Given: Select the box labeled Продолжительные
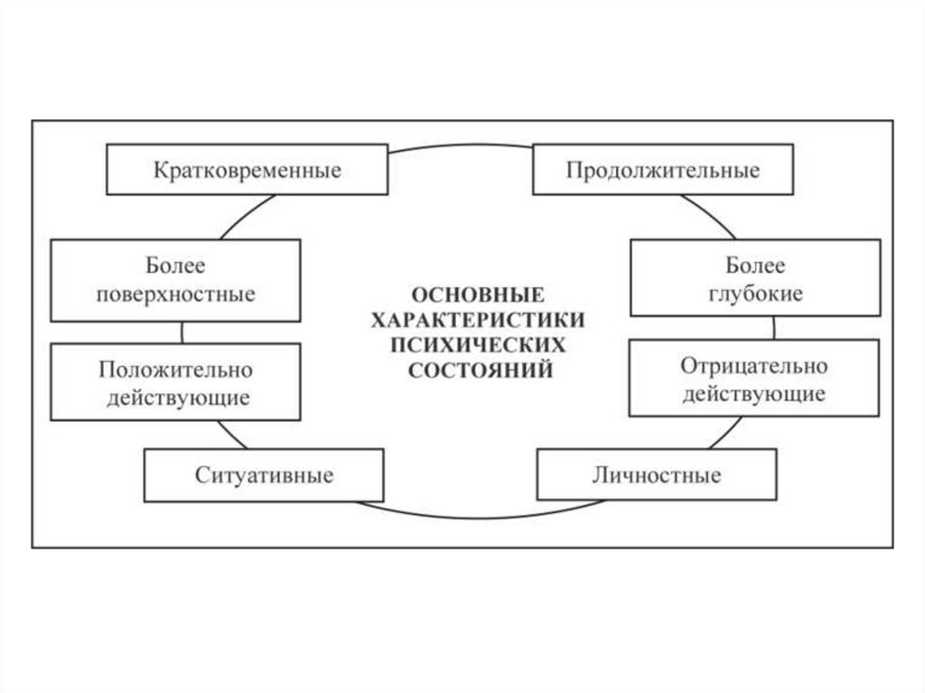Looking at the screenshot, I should coord(663,169).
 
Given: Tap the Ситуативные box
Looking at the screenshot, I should coord(265,475).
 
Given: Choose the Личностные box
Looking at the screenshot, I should coord(656,475).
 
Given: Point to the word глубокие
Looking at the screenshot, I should coord(755,294).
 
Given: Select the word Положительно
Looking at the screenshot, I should coord(176,370).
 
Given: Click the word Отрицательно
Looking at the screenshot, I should coord(755,368).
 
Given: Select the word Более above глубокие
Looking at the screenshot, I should coord(755,267).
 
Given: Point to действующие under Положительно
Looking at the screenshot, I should coord(176,397).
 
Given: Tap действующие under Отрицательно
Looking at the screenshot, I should coord(755,394).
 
